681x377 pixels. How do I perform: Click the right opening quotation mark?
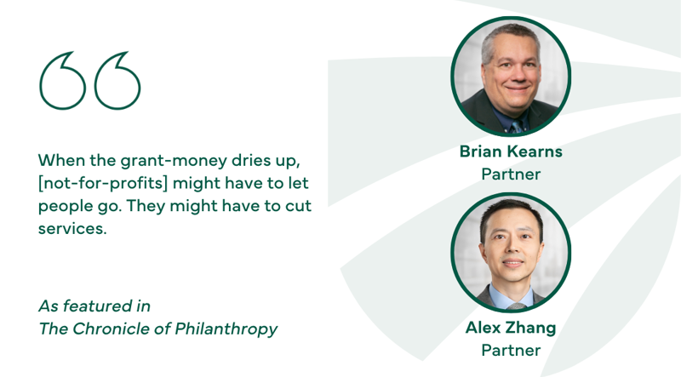(x=117, y=81)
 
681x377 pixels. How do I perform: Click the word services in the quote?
(x=72, y=229)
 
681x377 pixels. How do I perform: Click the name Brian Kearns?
(x=511, y=151)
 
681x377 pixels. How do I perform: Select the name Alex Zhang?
(x=511, y=328)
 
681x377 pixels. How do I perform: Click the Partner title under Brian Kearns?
(x=511, y=174)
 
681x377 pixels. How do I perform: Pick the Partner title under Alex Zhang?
(x=511, y=350)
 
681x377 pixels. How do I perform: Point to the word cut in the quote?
(x=297, y=206)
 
